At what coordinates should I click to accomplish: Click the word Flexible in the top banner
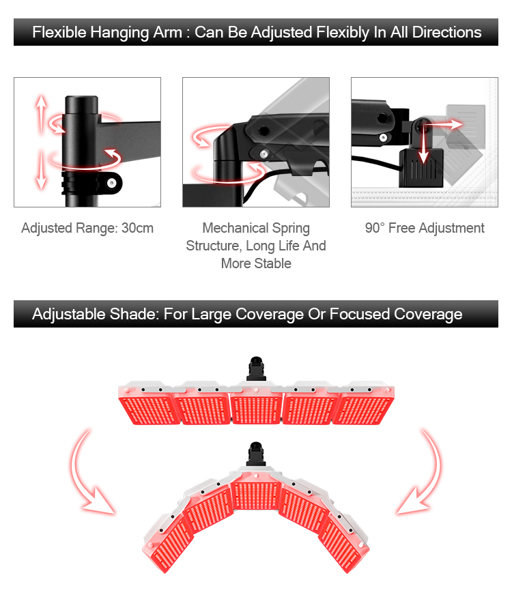coord(59,32)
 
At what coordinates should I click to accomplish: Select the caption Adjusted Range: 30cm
coord(87,228)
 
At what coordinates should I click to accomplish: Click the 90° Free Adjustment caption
coord(425,228)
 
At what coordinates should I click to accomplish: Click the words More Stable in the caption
coord(256,263)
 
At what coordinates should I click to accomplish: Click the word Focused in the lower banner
coord(359,314)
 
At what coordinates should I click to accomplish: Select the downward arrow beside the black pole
coord(42,170)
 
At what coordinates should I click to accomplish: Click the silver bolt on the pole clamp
coord(112,183)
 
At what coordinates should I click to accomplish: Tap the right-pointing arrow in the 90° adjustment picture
coord(443,124)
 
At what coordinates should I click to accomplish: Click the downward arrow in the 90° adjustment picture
coord(423,143)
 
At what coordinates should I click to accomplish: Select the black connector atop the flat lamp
coord(256,368)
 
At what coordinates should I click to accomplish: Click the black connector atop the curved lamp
coord(256,454)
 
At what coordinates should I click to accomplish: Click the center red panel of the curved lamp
coord(256,495)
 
